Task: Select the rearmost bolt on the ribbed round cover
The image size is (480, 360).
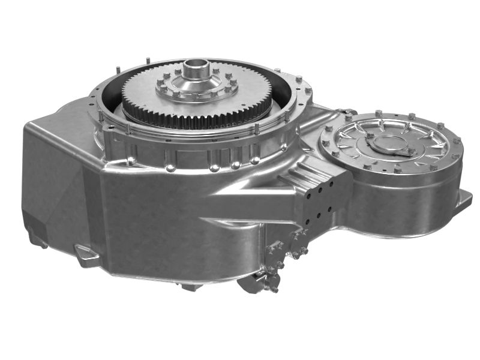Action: tap(379, 112)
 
